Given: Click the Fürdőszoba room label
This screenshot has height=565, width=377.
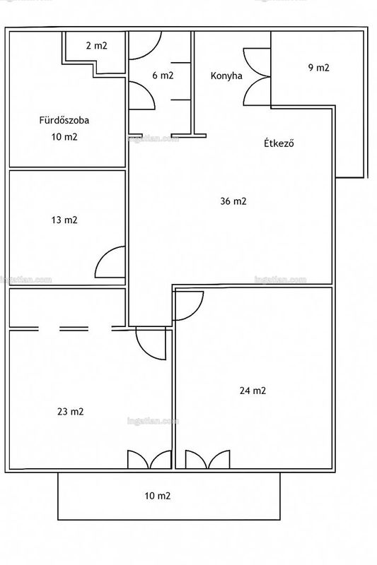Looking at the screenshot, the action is pos(64,120).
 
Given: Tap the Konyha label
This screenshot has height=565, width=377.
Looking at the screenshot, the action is pos(226,76).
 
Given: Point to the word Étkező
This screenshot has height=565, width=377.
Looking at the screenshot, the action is pos(279,143).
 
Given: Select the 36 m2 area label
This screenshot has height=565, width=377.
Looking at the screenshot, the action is pos(233,201).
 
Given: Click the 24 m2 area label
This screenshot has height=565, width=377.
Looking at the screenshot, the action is pos(253,391).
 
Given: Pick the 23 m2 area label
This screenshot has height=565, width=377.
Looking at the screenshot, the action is pos(70,412).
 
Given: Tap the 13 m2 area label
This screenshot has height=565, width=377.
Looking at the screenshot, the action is pos(64,220).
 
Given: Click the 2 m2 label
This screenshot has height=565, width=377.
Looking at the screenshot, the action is pos(96,46).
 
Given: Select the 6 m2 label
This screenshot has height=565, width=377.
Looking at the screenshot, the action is pos(163,76).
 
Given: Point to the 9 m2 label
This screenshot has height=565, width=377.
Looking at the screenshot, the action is pos(318,68).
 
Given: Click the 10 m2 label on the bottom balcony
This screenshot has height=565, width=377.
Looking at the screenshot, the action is pos(157,496).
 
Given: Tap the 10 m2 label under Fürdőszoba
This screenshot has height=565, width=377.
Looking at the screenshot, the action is pos(64,137).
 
